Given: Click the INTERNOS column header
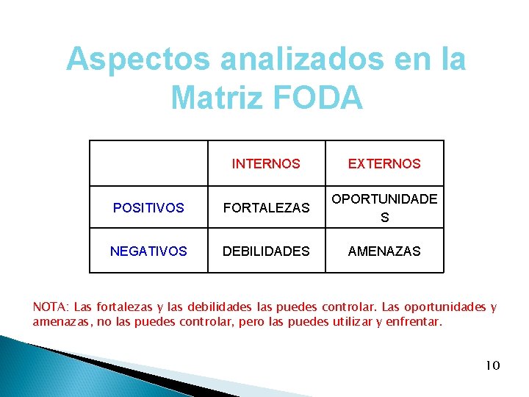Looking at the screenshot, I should pyautogui.click(x=266, y=164).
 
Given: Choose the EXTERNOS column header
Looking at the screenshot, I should pyautogui.click(x=384, y=164).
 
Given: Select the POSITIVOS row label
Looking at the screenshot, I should pyautogui.click(x=148, y=208).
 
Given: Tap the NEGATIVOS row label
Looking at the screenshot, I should pyautogui.click(x=148, y=251).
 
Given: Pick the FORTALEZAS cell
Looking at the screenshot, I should pyautogui.click(x=266, y=208).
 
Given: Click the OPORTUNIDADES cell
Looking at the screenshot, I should pyautogui.click(x=384, y=207).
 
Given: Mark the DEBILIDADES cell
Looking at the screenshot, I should pyautogui.click(x=266, y=251).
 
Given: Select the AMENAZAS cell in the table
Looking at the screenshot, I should pyautogui.click(x=384, y=251).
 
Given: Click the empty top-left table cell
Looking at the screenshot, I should pyautogui.click(x=148, y=163).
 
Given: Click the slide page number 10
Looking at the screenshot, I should pyautogui.click(x=492, y=365).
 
